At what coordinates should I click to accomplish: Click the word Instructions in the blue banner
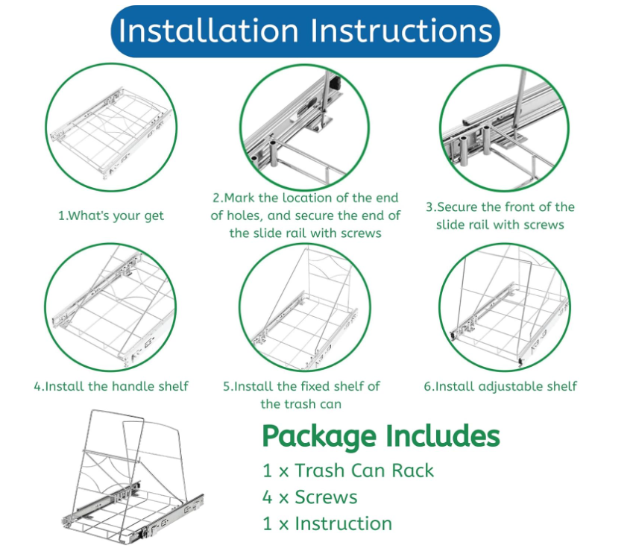[x=401, y=31]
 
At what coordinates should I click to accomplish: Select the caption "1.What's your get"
[x=111, y=215]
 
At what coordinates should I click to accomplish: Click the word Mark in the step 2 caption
[x=240, y=198]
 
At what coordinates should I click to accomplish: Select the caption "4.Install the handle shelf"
[x=111, y=386]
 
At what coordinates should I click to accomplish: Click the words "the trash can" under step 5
[x=300, y=404]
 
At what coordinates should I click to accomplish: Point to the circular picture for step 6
[x=504, y=306]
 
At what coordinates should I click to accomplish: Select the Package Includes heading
[x=380, y=435]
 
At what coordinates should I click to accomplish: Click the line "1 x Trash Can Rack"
[x=347, y=471]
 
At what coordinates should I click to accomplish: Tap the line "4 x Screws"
[x=309, y=497]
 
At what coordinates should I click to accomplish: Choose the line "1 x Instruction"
[x=327, y=523]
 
